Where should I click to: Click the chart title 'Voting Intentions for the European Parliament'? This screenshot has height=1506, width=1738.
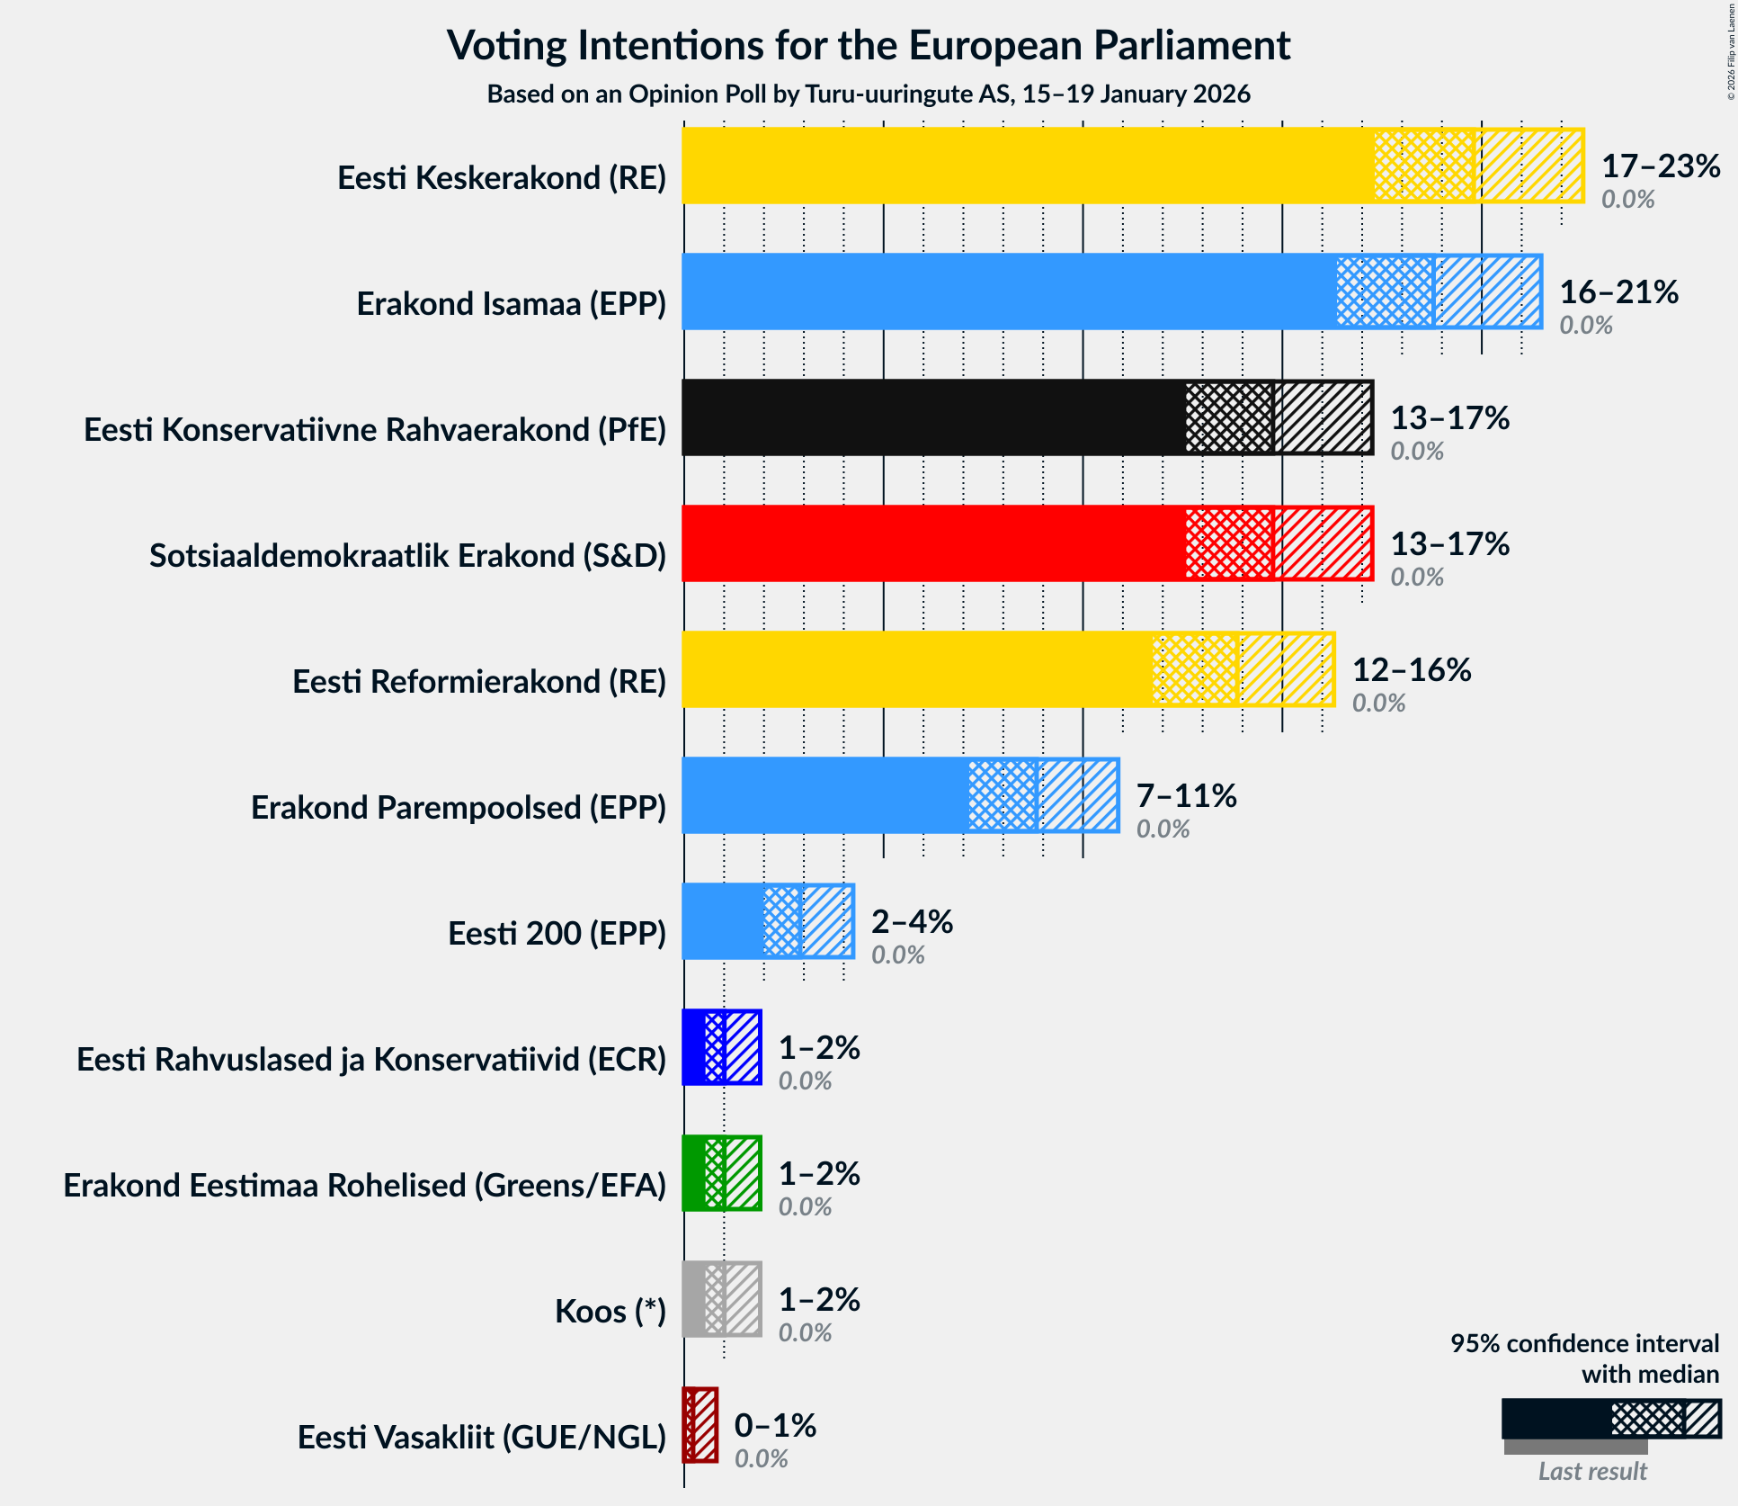click(x=869, y=45)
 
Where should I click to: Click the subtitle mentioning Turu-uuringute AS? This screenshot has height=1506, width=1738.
click(x=869, y=94)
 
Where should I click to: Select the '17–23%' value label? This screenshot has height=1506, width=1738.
click(x=1661, y=166)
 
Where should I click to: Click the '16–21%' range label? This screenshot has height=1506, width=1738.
click(x=1618, y=292)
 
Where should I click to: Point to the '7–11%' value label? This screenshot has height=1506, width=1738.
click(x=1186, y=796)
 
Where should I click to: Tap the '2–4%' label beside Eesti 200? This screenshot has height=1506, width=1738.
click(x=912, y=922)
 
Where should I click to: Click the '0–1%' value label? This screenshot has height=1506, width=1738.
click(x=775, y=1426)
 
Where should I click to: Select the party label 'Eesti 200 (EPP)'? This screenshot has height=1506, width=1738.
click(x=557, y=934)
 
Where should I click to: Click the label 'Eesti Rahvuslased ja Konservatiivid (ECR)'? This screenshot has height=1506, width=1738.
click(x=371, y=1060)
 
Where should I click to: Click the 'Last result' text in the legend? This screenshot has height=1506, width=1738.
click(x=1592, y=1471)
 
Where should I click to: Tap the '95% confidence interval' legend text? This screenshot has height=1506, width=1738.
click(x=1584, y=1344)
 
